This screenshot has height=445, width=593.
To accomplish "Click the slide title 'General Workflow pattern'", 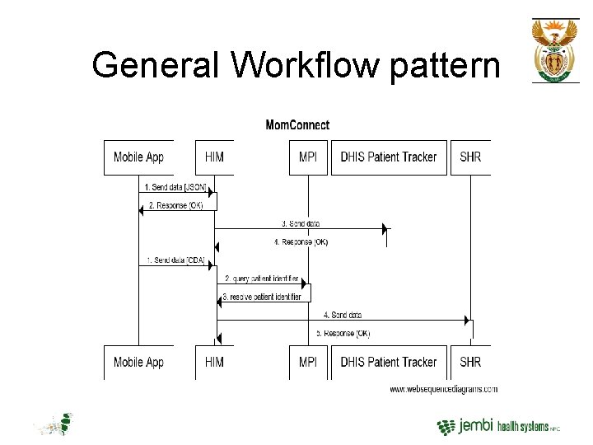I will (296, 64).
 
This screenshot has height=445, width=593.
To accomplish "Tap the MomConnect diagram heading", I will (297, 125).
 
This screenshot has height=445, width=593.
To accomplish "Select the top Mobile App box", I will (138, 157).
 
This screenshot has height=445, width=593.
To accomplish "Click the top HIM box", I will (214, 157).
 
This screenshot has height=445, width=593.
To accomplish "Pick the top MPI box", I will (308, 157).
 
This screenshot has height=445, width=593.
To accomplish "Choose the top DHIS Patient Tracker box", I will (389, 157).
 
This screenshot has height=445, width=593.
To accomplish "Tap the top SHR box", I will (470, 157).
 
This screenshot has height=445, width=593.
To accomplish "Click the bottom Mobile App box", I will (138, 363).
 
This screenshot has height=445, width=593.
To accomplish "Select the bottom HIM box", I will (214, 363).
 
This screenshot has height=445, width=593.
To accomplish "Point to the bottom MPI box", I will (308, 363).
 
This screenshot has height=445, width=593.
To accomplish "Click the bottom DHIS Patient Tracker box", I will (389, 363).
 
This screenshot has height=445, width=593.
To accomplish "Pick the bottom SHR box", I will (470, 363).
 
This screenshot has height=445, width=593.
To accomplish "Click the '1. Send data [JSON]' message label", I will (175, 188).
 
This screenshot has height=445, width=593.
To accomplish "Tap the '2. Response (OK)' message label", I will (175, 205).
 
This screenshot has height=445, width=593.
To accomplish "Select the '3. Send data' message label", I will (301, 223).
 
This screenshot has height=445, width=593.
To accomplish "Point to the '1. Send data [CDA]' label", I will (175, 260).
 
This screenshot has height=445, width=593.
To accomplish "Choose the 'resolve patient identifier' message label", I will (262, 297).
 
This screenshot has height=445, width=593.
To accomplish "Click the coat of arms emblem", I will (555, 49).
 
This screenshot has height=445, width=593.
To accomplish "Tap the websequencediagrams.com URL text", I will (443, 389).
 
